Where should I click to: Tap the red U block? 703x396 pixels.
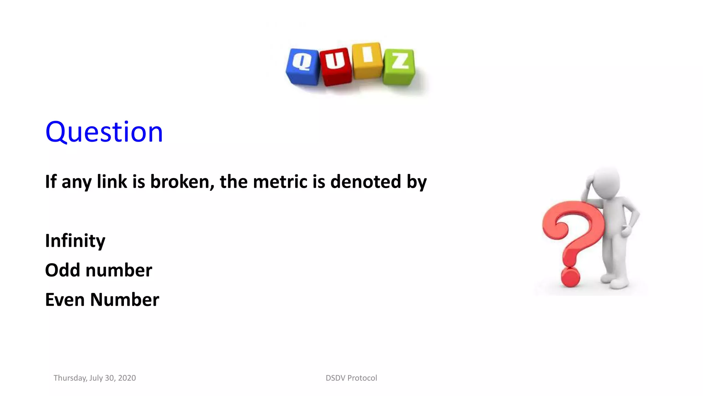(x=335, y=66)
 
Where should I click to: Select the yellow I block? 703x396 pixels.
(x=367, y=60)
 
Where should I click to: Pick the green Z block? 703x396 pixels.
(x=399, y=66)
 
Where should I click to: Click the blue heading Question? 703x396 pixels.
(x=104, y=132)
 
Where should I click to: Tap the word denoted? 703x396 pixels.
(x=365, y=181)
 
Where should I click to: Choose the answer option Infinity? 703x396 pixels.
(x=75, y=241)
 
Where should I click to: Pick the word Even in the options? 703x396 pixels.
(x=65, y=300)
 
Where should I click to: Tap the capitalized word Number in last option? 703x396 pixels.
(x=125, y=300)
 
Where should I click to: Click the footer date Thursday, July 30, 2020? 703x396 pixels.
(x=95, y=378)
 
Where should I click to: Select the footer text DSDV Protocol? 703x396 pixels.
(x=351, y=378)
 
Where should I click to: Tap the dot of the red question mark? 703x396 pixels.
(x=570, y=277)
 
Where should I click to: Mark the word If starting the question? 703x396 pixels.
(x=51, y=181)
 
